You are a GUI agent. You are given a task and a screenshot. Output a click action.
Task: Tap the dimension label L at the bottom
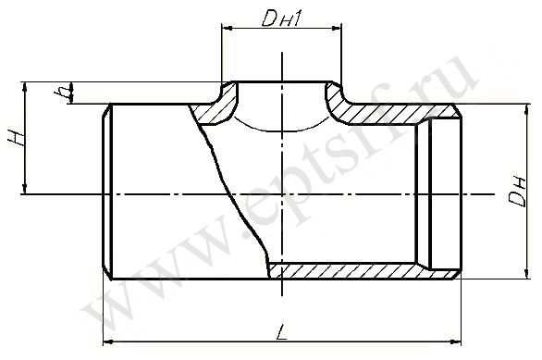pos(283,332)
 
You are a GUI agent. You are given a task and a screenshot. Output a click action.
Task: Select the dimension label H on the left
pos(17,138)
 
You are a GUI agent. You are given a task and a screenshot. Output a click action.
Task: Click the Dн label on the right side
pos(517,192)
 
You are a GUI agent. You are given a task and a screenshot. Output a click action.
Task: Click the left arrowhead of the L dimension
pos(108,342)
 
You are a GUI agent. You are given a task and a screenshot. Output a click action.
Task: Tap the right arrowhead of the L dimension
pos(457,342)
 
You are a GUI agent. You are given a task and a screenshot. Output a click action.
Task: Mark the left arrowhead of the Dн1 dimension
pos(228,29)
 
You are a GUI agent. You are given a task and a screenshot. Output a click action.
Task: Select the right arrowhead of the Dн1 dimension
pos(337,29)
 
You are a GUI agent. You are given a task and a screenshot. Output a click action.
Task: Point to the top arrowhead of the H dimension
pos(24,87)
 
